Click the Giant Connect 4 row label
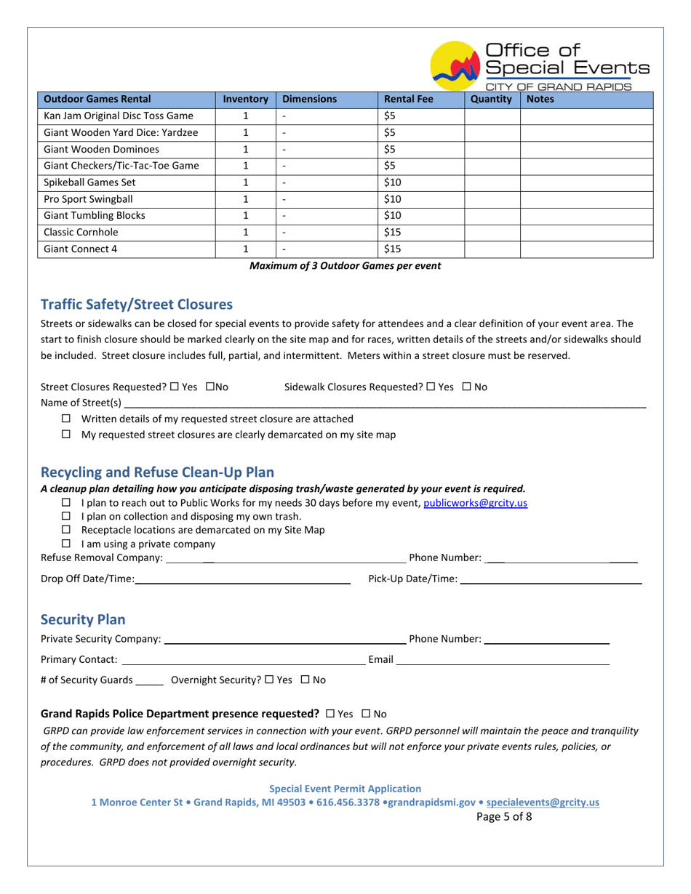coord(81,249)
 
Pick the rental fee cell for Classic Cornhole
coord(420,233)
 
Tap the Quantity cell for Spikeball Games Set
coord(492,182)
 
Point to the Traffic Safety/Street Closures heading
coord(137,304)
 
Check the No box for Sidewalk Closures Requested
coord(467,387)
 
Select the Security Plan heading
coord(83,619)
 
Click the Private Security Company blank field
coord(284,639)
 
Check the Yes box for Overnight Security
coord(269,680)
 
